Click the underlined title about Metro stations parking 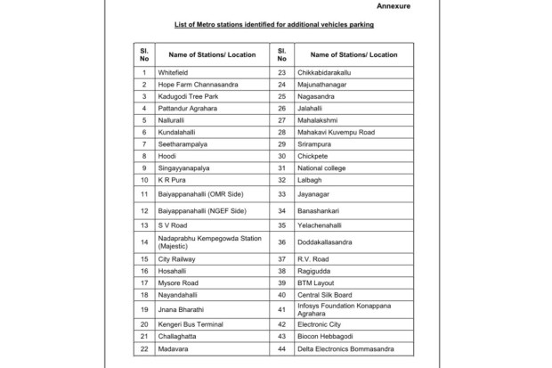coord(275,24)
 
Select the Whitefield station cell coord(173,71)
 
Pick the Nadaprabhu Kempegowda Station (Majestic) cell coord(210,241)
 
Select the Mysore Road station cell coord(178,282)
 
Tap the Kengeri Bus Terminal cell coord(191,323)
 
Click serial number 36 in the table coord(281,241)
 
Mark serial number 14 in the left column coord(143,241)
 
